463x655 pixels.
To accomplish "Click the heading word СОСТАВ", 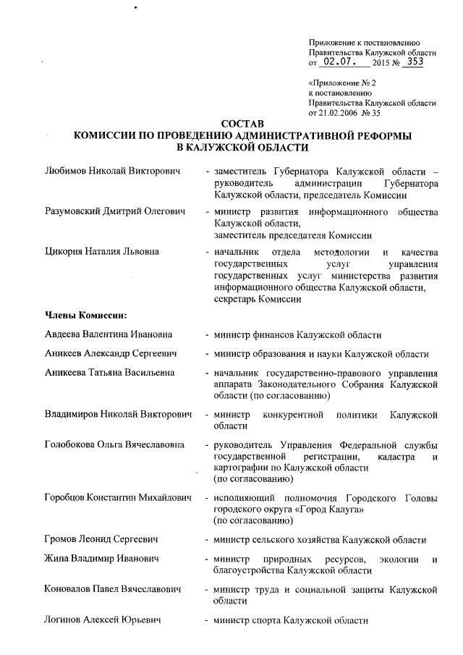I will click(x=243, y=124).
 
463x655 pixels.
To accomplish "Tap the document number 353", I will click(x=414, y=62).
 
